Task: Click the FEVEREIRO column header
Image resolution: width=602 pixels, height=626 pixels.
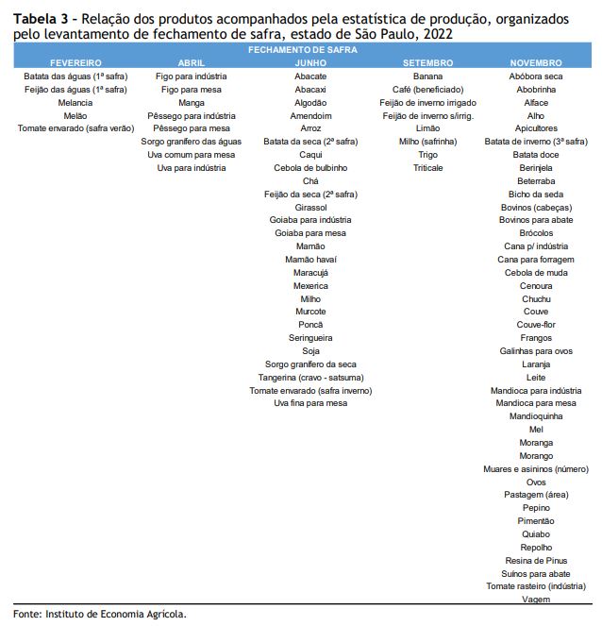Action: (75, 63)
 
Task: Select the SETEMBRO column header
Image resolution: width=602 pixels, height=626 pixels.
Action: (427, 63)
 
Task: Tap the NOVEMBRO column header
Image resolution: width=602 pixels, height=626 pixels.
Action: (536, 63)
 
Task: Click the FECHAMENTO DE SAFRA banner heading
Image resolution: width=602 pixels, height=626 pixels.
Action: (302, 50)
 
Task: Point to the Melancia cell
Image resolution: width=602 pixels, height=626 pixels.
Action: (75, 103)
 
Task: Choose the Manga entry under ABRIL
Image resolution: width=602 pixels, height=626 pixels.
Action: (192, 103)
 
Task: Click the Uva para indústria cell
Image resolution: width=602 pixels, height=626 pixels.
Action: (192, 168)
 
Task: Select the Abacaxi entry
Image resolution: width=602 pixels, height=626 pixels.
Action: (310, 90)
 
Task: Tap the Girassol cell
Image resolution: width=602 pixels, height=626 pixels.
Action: (310, 208)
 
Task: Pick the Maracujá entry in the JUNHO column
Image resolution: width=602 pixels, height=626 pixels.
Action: (310, 273)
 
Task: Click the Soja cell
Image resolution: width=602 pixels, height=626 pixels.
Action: (310, 351)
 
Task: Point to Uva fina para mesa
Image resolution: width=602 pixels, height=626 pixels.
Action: (310, 403)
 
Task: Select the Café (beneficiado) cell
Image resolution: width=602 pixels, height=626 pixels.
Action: (427, 90)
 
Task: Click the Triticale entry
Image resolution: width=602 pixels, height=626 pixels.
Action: (428, 168)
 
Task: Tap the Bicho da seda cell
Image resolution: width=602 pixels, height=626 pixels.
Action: (536, 195)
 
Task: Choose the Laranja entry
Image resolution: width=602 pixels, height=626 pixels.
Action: (536, 364)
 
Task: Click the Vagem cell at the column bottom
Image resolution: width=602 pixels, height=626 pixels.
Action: (536, 599)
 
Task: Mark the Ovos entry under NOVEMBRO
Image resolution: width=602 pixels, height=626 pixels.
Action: (536, 482)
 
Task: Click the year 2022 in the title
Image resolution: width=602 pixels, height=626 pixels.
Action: (438, 34)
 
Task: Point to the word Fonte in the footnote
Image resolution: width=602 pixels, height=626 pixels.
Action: (26, 614)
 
